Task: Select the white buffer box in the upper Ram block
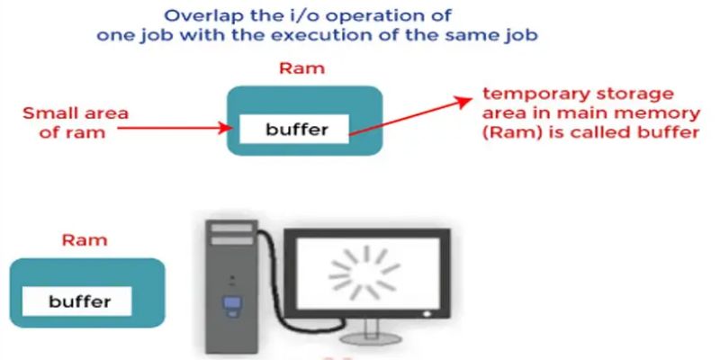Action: click(x=297, y=129)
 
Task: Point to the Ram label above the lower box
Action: click(x=84, y=240)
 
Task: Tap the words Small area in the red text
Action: click(x=76, y=114)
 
